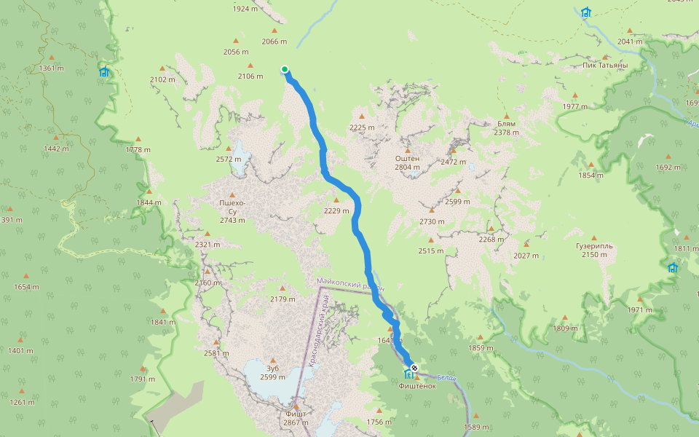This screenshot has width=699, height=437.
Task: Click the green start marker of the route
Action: click(x=285, y=70)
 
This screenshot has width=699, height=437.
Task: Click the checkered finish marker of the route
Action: click(x=414, y=369)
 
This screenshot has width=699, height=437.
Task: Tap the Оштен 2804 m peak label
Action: click(x=407, y=162)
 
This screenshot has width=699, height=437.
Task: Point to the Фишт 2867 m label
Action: click(x=296, y=418)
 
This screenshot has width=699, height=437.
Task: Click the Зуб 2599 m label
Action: click(x=272, y=372)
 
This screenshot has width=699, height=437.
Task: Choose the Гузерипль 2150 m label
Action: click(x=593, y=250)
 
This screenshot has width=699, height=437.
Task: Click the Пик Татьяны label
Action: click(x=605, y=65)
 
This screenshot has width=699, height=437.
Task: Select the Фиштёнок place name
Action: click(x=417, y=386)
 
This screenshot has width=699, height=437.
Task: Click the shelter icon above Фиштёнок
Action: click(x=407, y=374)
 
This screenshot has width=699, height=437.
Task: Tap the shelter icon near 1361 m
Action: click(x=104, y=71)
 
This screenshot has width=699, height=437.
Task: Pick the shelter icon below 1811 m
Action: click(x=673, y=267)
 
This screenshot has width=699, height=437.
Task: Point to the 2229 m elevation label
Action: click(x=336, y=210)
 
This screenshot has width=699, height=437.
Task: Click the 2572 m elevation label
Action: click(x=229, y=159)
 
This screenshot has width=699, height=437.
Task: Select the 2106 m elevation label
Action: click(x=250, y=76)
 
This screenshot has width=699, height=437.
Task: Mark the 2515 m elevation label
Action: click(x=430, y=251)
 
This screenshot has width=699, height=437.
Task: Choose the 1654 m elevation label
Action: click(x=26, y=286)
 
